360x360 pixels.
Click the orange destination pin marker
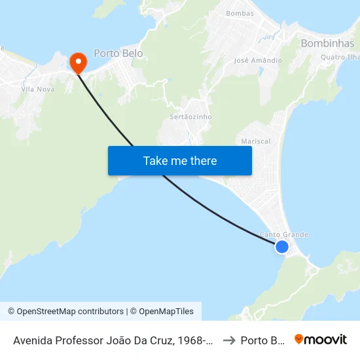[78, 62]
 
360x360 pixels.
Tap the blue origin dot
[281, 246]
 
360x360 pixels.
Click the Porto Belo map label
[118, 53]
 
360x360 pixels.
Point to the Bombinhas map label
[327, 43]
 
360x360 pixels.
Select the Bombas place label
[239, 13]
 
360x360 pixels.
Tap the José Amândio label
[258, 60]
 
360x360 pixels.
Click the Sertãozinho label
[190, 117]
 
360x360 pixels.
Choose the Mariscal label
[255, 141]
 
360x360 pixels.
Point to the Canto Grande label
[284, 234]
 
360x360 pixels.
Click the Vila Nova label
[38, 89]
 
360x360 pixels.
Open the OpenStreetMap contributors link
[70, 312]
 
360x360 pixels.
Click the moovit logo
[321, 340]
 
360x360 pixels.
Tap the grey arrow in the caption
[229, 340]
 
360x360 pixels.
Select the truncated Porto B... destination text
[262, 340]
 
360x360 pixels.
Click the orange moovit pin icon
[299, 340]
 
